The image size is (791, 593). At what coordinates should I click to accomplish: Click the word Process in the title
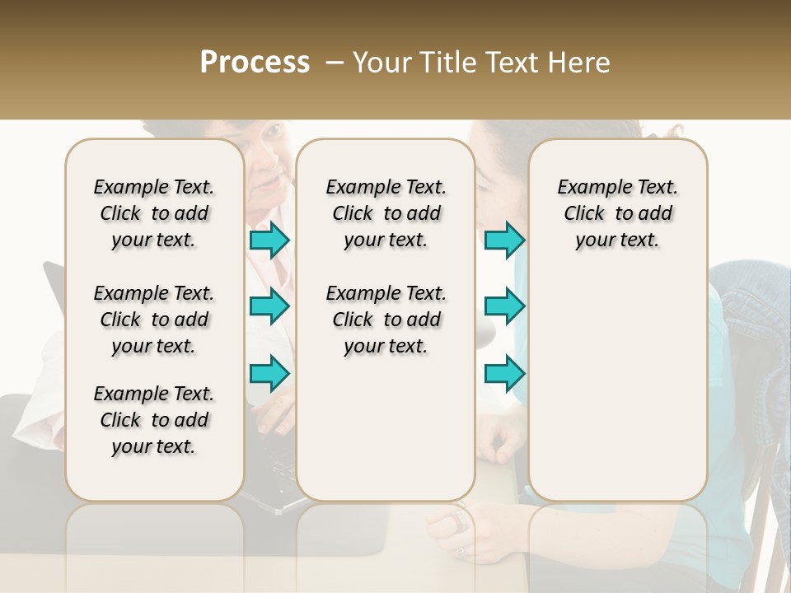[255, 63]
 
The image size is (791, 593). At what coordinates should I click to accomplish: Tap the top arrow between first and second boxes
[269, 240]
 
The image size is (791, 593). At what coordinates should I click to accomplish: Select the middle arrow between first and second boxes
[269, 306]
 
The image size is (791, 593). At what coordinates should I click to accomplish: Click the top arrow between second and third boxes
[504, 240]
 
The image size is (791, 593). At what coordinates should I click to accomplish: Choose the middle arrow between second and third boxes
[504, 306]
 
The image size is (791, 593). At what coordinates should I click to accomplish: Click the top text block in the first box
[154, 213]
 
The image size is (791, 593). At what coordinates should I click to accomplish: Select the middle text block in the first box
[154, 320]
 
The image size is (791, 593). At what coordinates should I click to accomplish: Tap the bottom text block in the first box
[154, 420]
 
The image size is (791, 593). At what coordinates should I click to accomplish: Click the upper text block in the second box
[386, 213]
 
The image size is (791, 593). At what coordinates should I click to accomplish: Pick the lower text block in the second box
[386, 320]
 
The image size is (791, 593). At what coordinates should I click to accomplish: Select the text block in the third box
[617, 213]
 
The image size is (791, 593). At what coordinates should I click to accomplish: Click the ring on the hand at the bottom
[458, 521]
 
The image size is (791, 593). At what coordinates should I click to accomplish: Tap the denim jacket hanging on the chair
[750, 329]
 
